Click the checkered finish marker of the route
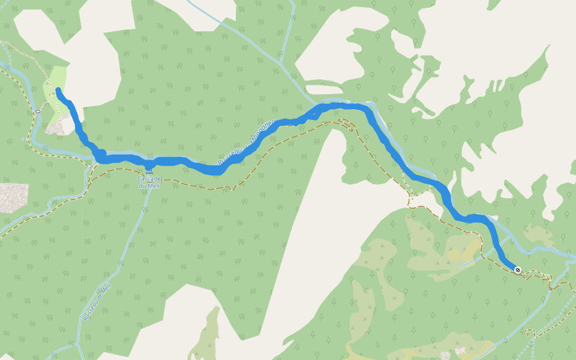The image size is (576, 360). tap(518, 271)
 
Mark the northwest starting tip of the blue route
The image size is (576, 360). tap(58, 90)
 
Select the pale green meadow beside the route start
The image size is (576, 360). tap(55, 84)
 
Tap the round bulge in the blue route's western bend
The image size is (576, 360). tap(101, 154)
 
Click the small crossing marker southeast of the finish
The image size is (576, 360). tap(550, 289)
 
